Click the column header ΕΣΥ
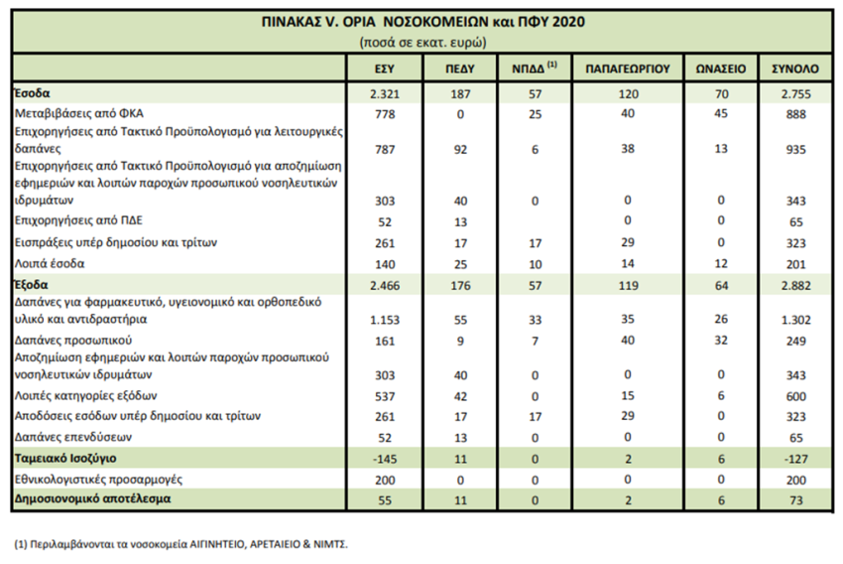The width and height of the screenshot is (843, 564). click(x=385, y=69)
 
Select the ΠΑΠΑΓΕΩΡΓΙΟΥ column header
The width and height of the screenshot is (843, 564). click(x=628, y=69)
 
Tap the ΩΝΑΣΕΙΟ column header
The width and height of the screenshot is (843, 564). click(x=721, y=69)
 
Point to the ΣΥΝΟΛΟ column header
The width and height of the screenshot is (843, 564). click(x=795, y=69)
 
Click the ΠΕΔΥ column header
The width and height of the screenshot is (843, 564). click(x=460, y=69)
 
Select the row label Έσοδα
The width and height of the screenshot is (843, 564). click(x=33, y=93)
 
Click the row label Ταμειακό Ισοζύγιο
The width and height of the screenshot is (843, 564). click(x=65, y=459)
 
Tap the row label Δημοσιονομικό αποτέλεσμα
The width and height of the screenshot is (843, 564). click(x=92, y=498)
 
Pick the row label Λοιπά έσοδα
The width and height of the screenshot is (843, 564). click(x=50, y=264)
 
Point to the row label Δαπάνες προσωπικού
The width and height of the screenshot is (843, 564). click(x=73, y=341)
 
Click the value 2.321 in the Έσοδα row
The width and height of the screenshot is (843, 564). click(x=385, y=94)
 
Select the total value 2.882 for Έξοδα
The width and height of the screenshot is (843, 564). click(x=795, y=286)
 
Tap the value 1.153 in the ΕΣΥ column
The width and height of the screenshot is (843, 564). click(x=385, y=320)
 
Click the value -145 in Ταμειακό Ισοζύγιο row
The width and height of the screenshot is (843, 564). click(x=385, y=459)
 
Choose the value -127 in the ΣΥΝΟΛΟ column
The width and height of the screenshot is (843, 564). click(x=795, y=459)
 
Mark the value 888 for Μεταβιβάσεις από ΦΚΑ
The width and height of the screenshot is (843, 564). click(x=795, y=114)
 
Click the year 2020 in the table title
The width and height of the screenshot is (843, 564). click(x=569, y=22)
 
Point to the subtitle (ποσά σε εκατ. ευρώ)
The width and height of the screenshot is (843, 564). click(x=422, y=42)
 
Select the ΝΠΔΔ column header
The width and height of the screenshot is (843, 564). click(x=535, y=68)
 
